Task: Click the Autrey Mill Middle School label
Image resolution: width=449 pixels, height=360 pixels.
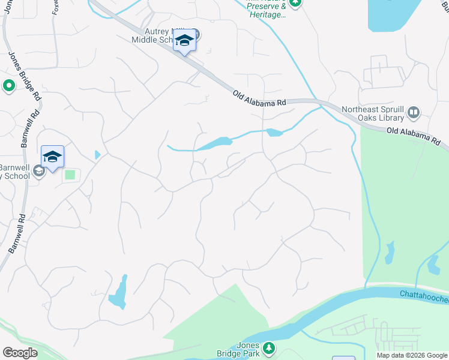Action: click(x=154, y=35)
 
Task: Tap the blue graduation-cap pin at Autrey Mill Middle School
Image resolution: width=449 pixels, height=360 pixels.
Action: click(x=184, y=41)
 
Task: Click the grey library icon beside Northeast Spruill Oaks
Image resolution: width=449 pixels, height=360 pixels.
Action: click(x=413, y=112)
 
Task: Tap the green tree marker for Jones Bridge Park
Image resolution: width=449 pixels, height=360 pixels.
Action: click(x=270, y=348)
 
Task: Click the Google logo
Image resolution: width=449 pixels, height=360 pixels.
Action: click(x=20, y=352)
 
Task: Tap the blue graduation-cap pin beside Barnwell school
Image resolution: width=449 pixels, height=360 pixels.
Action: click(x=52, y=157)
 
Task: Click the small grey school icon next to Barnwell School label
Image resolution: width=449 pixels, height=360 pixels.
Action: click(x=38, y=172)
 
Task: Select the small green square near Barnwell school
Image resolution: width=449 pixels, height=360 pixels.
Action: click(x=70, y=175)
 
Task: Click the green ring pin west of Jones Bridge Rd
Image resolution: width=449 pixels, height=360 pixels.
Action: click(x=8, y=86)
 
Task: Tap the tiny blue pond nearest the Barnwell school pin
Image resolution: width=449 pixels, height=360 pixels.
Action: click(x=97, y=155)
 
